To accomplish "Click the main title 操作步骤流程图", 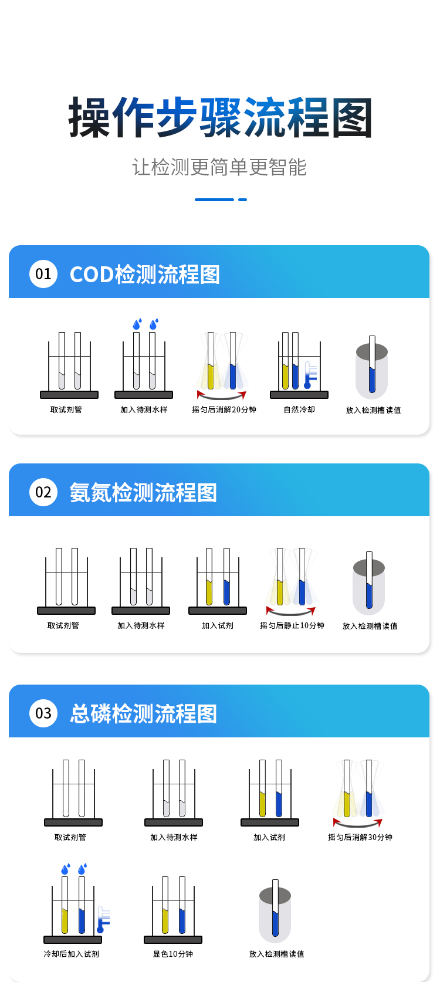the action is [220, 117].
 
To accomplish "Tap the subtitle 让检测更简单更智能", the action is [219, 167].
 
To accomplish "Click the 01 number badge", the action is [43, 274].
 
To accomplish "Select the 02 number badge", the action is [43, 492].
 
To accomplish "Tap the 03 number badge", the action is [43, 713].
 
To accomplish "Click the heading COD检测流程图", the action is [145, 275].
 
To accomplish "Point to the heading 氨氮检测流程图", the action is [143, 492].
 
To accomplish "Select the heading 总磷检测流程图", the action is [143, 714].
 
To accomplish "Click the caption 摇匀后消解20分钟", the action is [224, 409].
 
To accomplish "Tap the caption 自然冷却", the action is [299, 409].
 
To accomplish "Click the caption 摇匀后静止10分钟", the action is [292, 625].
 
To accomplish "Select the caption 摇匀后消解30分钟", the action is [360, 837].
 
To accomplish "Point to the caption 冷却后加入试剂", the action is [72, 954].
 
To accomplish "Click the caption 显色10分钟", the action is [173, 954].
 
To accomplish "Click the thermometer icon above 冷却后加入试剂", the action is [103, 919].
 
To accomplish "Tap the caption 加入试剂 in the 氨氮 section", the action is [218, 625].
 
